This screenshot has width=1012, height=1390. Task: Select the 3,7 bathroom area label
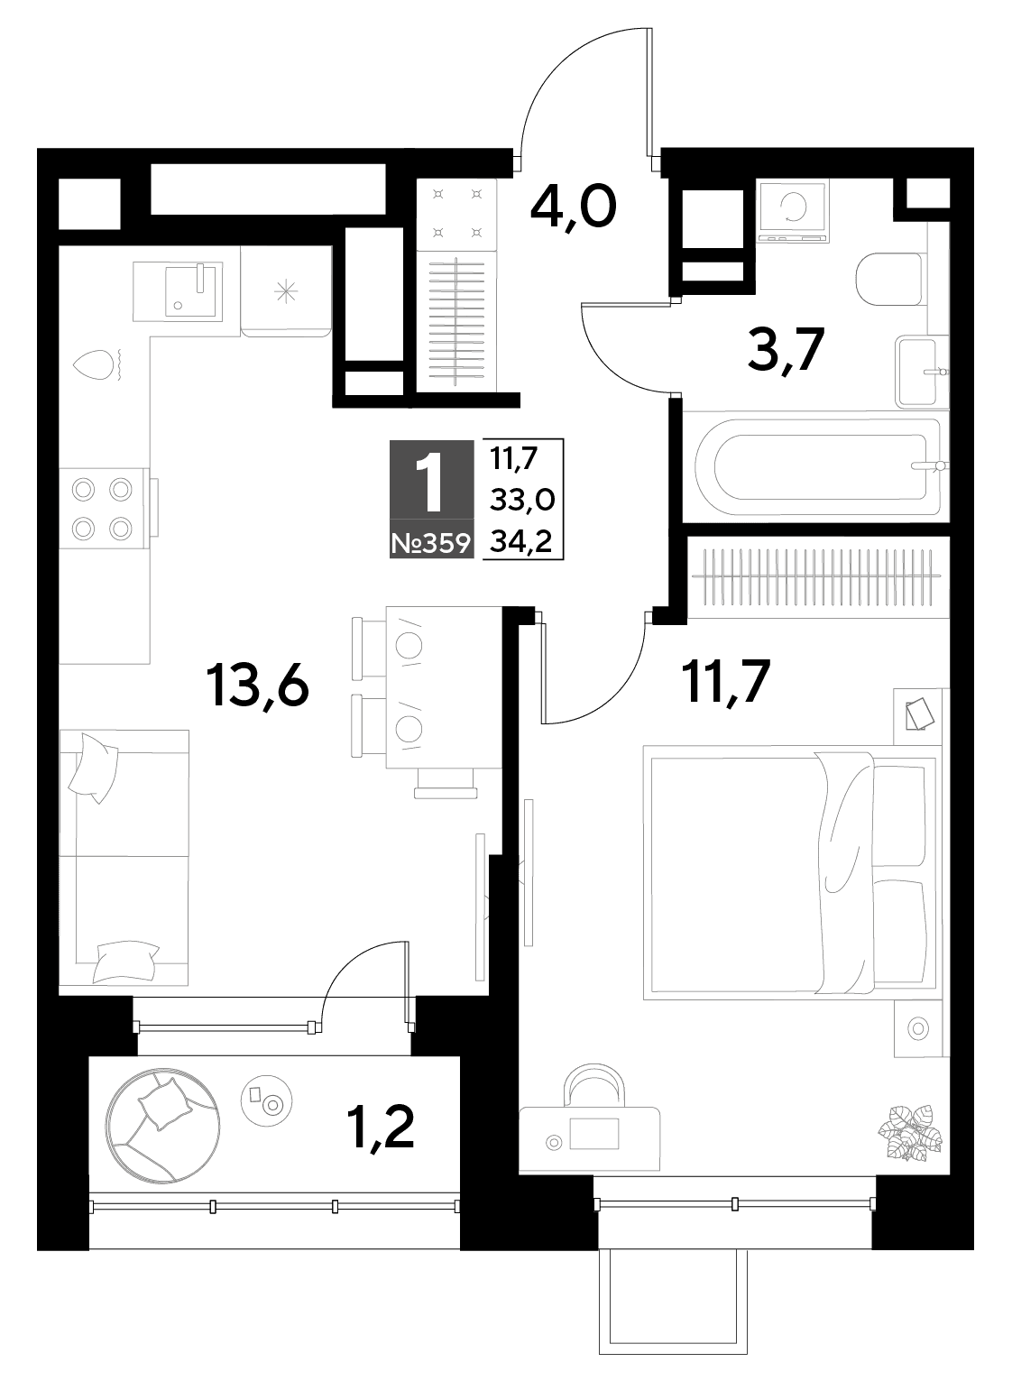[x=786, y=349]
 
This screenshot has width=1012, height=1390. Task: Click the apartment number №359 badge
[x=431, y=544]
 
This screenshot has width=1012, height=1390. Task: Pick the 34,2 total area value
[x=521, y=543]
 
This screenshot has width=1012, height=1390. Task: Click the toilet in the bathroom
[x=888, y=280]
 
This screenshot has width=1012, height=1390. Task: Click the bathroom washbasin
[x=922, y=372]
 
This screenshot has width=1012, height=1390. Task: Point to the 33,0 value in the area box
[x=522, y=499]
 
